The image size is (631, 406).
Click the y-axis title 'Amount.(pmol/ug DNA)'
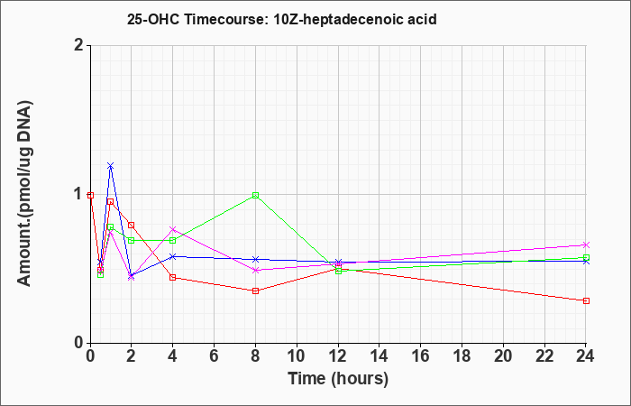[25, 193]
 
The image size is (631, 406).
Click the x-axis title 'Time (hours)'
[338, 379]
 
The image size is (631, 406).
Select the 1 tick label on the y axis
[78, 195]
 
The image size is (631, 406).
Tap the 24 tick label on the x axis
[586, 355]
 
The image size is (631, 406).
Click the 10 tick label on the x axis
[297, 355]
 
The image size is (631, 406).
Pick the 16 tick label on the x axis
[421, 355]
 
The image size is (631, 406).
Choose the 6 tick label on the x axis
[215, 355]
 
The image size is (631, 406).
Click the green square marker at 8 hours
[255, 196]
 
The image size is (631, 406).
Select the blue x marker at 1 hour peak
[111, 165]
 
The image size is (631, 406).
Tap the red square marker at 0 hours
[90, 196]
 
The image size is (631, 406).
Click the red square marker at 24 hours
[586, 300]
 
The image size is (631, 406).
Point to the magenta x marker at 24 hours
[586, 245]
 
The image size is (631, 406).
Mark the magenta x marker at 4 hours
[173, 229]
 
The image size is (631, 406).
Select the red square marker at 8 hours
[255, 291]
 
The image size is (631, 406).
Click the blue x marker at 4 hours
[173, 256]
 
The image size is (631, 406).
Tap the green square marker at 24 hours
[586, 257]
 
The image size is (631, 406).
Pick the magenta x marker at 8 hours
[255, 271]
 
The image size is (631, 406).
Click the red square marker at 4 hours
[173, 278]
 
